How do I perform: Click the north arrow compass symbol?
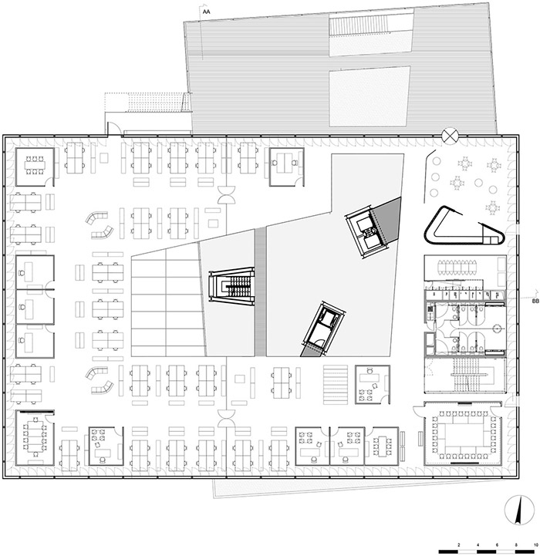[519, 511]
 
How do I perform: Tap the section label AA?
[206, 12]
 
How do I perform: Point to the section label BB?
[535, 301]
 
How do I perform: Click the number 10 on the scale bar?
[535, 545]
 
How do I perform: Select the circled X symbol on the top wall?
[450, 136]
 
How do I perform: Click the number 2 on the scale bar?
[459, 545]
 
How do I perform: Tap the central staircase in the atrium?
[233, 286]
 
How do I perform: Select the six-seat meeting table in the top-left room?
[34, 166]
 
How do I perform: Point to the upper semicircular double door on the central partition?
[226, 194]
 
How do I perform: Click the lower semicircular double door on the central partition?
[226, 419]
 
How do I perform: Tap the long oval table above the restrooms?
[457, 268]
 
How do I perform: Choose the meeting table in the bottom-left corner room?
[35, 436]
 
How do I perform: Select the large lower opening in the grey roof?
[370, 96]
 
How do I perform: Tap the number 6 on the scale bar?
[497, 545]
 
